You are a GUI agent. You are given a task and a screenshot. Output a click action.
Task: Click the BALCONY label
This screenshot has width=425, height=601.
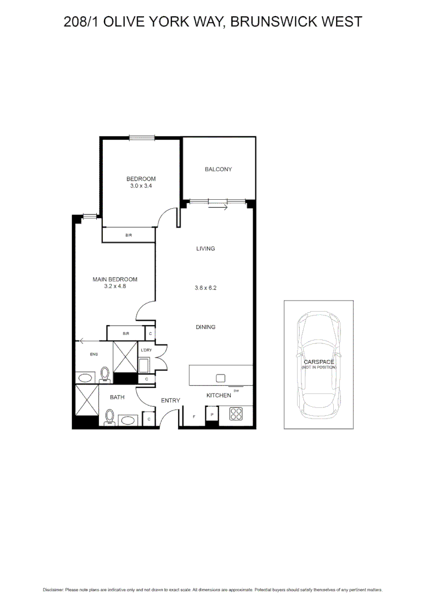[x=218, y=169]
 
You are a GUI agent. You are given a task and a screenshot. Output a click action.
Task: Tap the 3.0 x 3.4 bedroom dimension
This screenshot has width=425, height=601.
[x=141, y=186]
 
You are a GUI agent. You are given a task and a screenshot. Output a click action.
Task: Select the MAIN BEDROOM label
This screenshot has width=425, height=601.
[x=115, y=279]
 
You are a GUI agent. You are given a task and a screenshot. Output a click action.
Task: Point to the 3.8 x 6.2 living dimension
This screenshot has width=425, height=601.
[x=205, y=288]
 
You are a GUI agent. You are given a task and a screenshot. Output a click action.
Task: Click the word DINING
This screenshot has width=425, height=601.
[x=205, y=327]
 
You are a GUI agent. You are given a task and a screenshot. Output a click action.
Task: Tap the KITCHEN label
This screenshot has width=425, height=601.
[x=219, y=395]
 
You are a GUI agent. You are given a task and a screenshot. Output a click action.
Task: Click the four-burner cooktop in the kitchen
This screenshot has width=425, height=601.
[x=236, y=414]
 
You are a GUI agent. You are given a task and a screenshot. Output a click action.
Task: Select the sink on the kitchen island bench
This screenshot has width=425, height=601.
[x=220, y=378]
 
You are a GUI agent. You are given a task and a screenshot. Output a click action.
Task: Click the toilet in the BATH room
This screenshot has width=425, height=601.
[x=110, y=416]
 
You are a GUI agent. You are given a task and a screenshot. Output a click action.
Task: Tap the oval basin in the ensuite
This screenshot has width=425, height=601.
[x=85, y=378]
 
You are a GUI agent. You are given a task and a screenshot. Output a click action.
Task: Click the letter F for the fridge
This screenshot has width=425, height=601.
[x=194, y=416]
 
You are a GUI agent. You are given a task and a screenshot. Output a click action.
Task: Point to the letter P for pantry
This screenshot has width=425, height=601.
[x=212, y=414]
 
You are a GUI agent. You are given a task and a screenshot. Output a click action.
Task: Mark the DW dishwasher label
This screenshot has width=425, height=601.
[x=236, y=391]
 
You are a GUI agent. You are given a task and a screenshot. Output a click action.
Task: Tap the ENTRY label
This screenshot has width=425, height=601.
[x=170, y=400]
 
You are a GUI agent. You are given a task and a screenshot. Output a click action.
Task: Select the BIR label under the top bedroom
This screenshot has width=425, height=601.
[x=128, y=235]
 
